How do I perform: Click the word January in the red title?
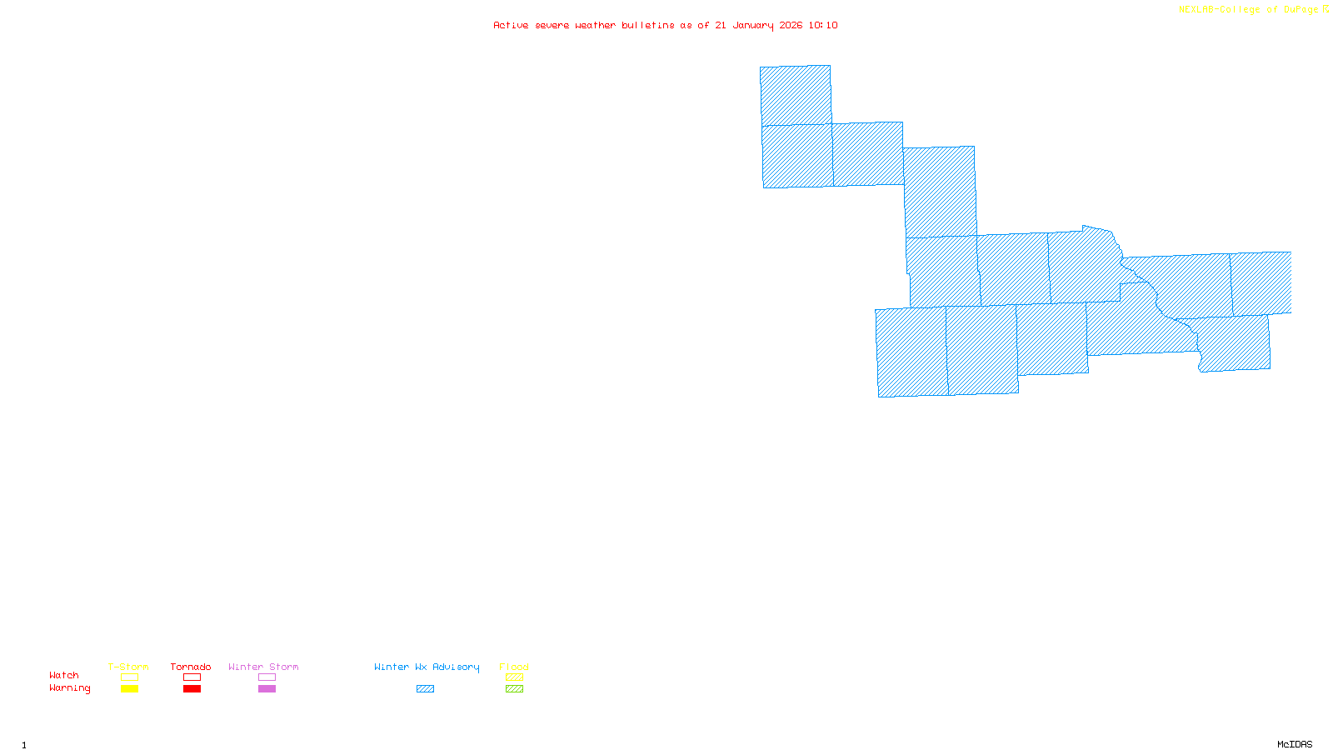tap(753, 26)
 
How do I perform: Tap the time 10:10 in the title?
tap(823, 26)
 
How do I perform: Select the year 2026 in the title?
tap(791, 26)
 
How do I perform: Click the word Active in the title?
tap(511, 26)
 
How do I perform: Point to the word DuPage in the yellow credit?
tap(1301, 10)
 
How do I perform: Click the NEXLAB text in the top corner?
tap(1197, 10)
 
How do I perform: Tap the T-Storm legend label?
tap(128, 667)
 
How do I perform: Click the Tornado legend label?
tap(191, 667)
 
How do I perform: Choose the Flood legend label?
tap(514, 667)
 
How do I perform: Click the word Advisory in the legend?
tap(456, 667)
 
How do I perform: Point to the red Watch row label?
tap(64, 675)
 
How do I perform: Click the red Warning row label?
tap(69, 688)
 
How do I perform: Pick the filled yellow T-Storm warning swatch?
tap(129, 689)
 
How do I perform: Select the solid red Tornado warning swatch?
tap(192, 689)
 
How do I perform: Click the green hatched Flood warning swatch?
tap(514, 689)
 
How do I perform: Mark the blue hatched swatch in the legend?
tap(425, 689)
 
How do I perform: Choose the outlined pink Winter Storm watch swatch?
tap(267, 677)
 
